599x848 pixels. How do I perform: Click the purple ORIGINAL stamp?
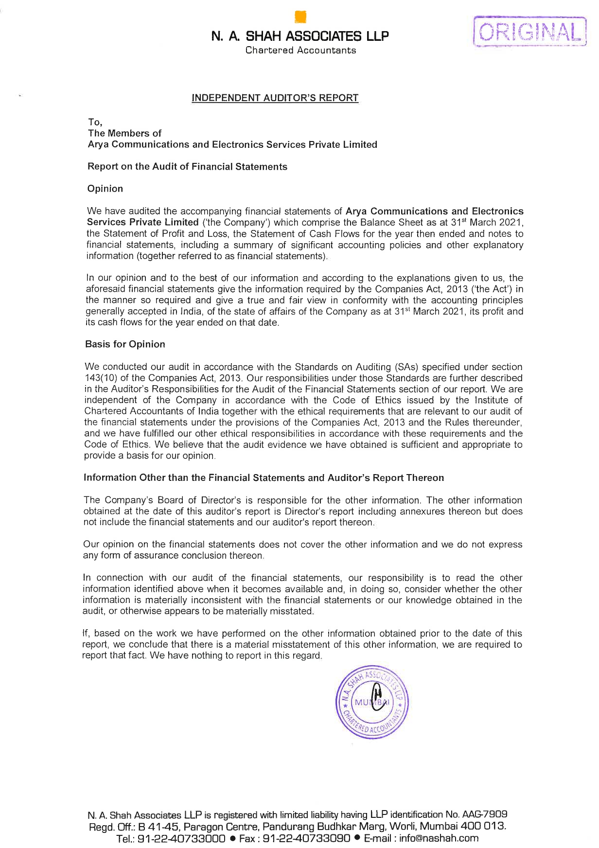pos(530,32)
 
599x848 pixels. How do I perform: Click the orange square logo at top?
pos(300,17)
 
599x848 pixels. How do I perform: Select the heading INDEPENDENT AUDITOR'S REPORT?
pos(275,98)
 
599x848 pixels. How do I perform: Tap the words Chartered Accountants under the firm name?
pos(300,50)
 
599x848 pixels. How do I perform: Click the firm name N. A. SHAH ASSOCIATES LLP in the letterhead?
pos(300,36)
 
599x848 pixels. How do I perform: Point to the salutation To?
pos(95,122)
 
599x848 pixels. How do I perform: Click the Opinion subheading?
pos(105,189)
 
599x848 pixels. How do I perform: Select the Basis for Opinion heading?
pos(125,344)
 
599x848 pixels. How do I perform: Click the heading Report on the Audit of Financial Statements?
pos(187,167)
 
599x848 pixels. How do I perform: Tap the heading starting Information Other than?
pos(264,477)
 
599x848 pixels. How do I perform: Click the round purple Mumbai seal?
pos(372,702)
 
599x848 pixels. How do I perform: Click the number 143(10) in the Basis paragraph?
pos(101,378)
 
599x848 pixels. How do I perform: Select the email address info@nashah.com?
pos(439,838)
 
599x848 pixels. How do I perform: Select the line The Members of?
pos(124,133)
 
